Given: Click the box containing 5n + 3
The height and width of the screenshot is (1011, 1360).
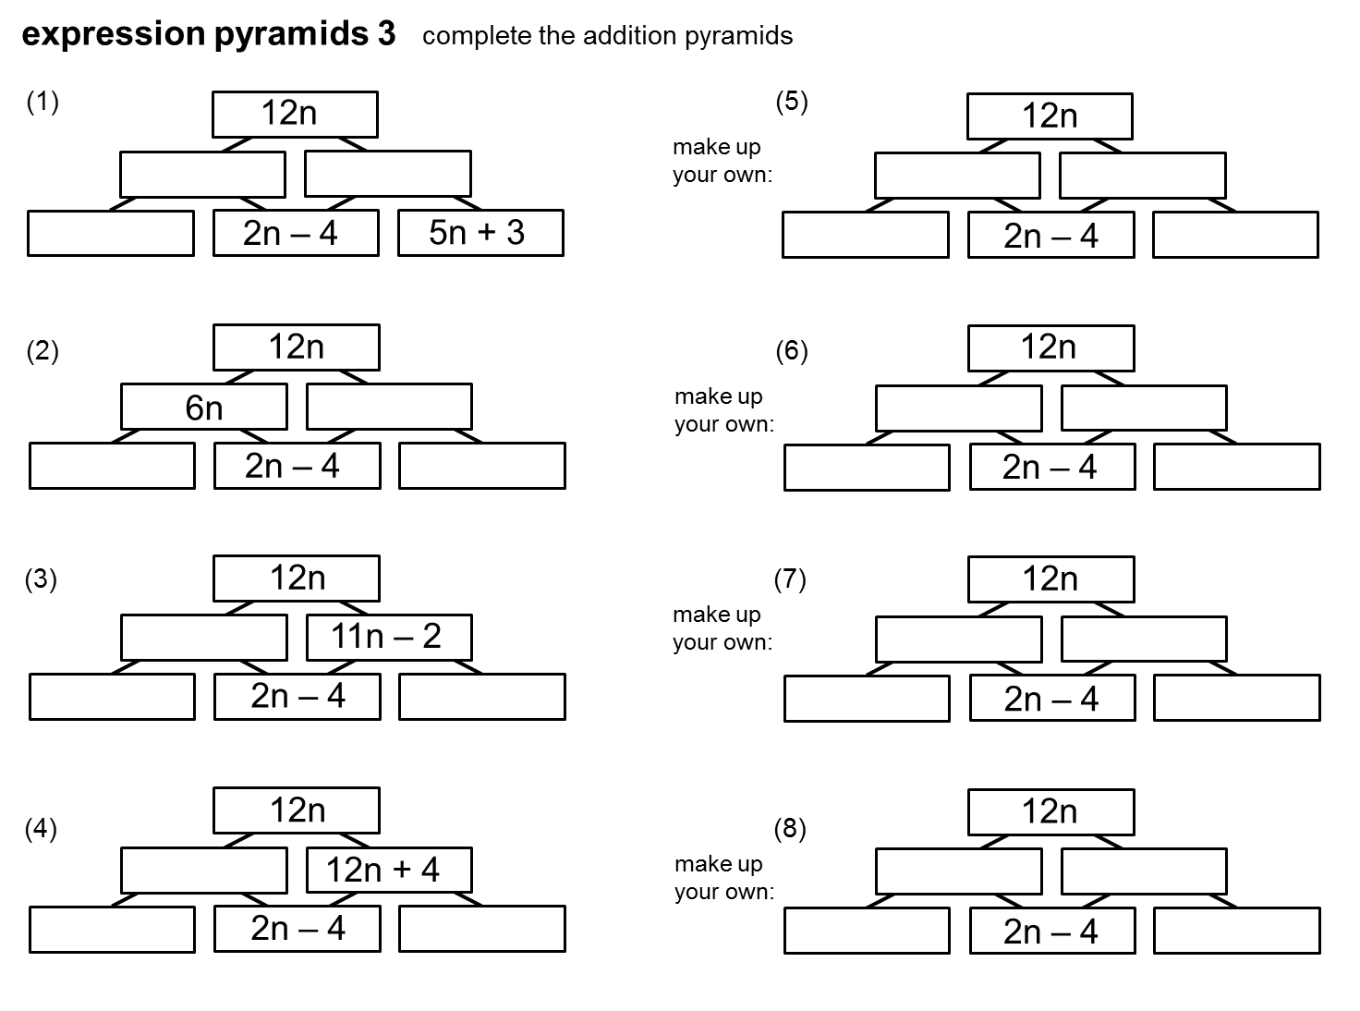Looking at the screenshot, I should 480,233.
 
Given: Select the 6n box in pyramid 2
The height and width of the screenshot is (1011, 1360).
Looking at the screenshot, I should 204,408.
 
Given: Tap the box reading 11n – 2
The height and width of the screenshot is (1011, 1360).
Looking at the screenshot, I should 389,637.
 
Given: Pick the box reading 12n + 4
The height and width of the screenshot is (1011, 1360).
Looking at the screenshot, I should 389,870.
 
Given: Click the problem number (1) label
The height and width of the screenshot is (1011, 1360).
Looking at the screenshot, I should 42,102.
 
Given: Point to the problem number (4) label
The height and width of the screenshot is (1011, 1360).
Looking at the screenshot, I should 41,829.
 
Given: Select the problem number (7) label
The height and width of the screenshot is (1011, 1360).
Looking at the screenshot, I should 790,579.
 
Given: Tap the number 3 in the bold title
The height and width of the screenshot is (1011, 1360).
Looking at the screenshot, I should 386,34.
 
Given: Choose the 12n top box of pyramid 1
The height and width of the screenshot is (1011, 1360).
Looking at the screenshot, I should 295,114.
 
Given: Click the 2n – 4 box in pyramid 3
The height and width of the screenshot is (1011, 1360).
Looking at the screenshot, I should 297,696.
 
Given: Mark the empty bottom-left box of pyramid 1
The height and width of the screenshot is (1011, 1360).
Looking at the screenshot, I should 111,233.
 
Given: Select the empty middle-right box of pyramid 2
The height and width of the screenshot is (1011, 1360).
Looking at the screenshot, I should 389,408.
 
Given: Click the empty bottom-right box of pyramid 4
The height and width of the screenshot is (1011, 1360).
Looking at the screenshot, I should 481,929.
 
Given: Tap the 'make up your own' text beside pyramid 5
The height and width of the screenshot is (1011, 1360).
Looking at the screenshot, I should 722,161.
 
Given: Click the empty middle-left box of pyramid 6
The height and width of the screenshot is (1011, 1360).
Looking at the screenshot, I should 958,408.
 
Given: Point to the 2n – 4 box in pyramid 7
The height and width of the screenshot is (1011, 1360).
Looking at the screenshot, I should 1051,699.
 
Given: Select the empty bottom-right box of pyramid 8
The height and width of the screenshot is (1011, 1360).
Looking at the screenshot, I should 1236,931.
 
